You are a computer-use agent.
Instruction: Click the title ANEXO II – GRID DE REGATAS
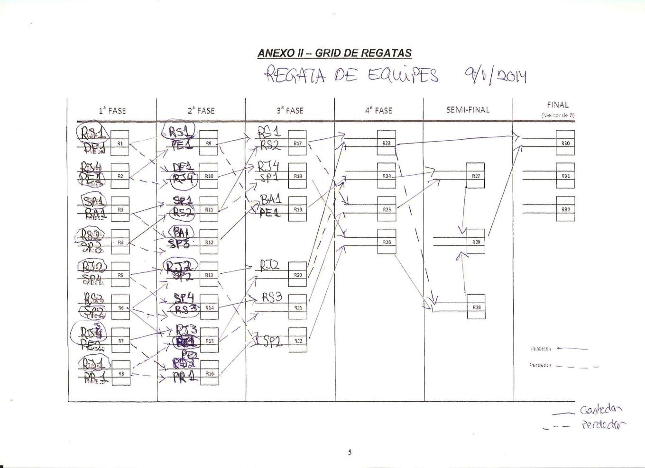[334, 53]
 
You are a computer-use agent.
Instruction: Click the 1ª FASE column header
[112, 110]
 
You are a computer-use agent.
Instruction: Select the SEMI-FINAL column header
[468, 110]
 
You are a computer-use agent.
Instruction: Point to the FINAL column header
[557, 105]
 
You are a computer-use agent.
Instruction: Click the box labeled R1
[120, 143]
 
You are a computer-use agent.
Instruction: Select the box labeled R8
[120, 373]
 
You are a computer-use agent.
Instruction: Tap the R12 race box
[209, 242]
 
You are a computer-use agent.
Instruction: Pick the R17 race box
[297, 143]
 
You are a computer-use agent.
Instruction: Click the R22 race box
[297, 341]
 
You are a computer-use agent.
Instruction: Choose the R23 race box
[386, 143]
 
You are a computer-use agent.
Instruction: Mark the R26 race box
[386, 242]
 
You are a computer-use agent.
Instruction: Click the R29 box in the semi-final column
[476, 242]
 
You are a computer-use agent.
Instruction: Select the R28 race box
[476, 307]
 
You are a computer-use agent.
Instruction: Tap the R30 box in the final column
[565, 143]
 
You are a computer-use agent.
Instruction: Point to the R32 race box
[565, 209]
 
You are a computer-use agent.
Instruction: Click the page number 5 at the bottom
[350, 452]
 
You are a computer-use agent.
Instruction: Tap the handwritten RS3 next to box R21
[272, 297]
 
